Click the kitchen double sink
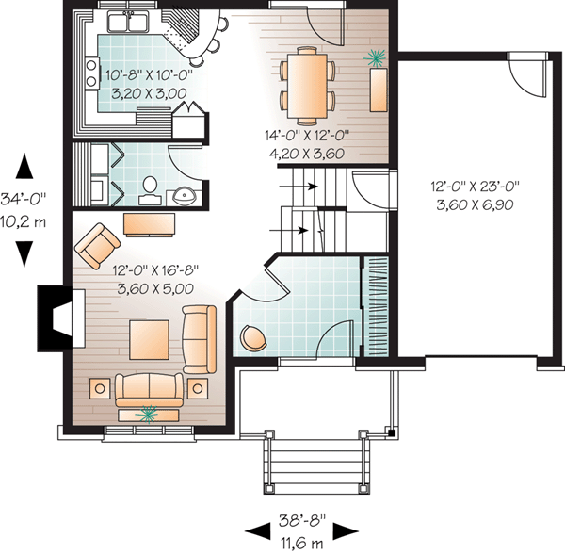pos(128,22)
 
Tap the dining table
pos(307,86)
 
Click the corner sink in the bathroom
pos(184,196)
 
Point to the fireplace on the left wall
pos(61,318)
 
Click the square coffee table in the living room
pos(149,340)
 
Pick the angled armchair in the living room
pos(97,246)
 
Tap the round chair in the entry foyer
pos(252,337)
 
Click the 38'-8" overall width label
pos(302,521)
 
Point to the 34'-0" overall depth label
pos(24,200)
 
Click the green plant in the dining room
pos(376,57)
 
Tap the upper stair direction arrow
pos(299,187)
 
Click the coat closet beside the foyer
pos(376,306)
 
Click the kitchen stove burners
pos(91,73)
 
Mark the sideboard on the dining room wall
pos(379,90)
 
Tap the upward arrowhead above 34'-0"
pos(24,166)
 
